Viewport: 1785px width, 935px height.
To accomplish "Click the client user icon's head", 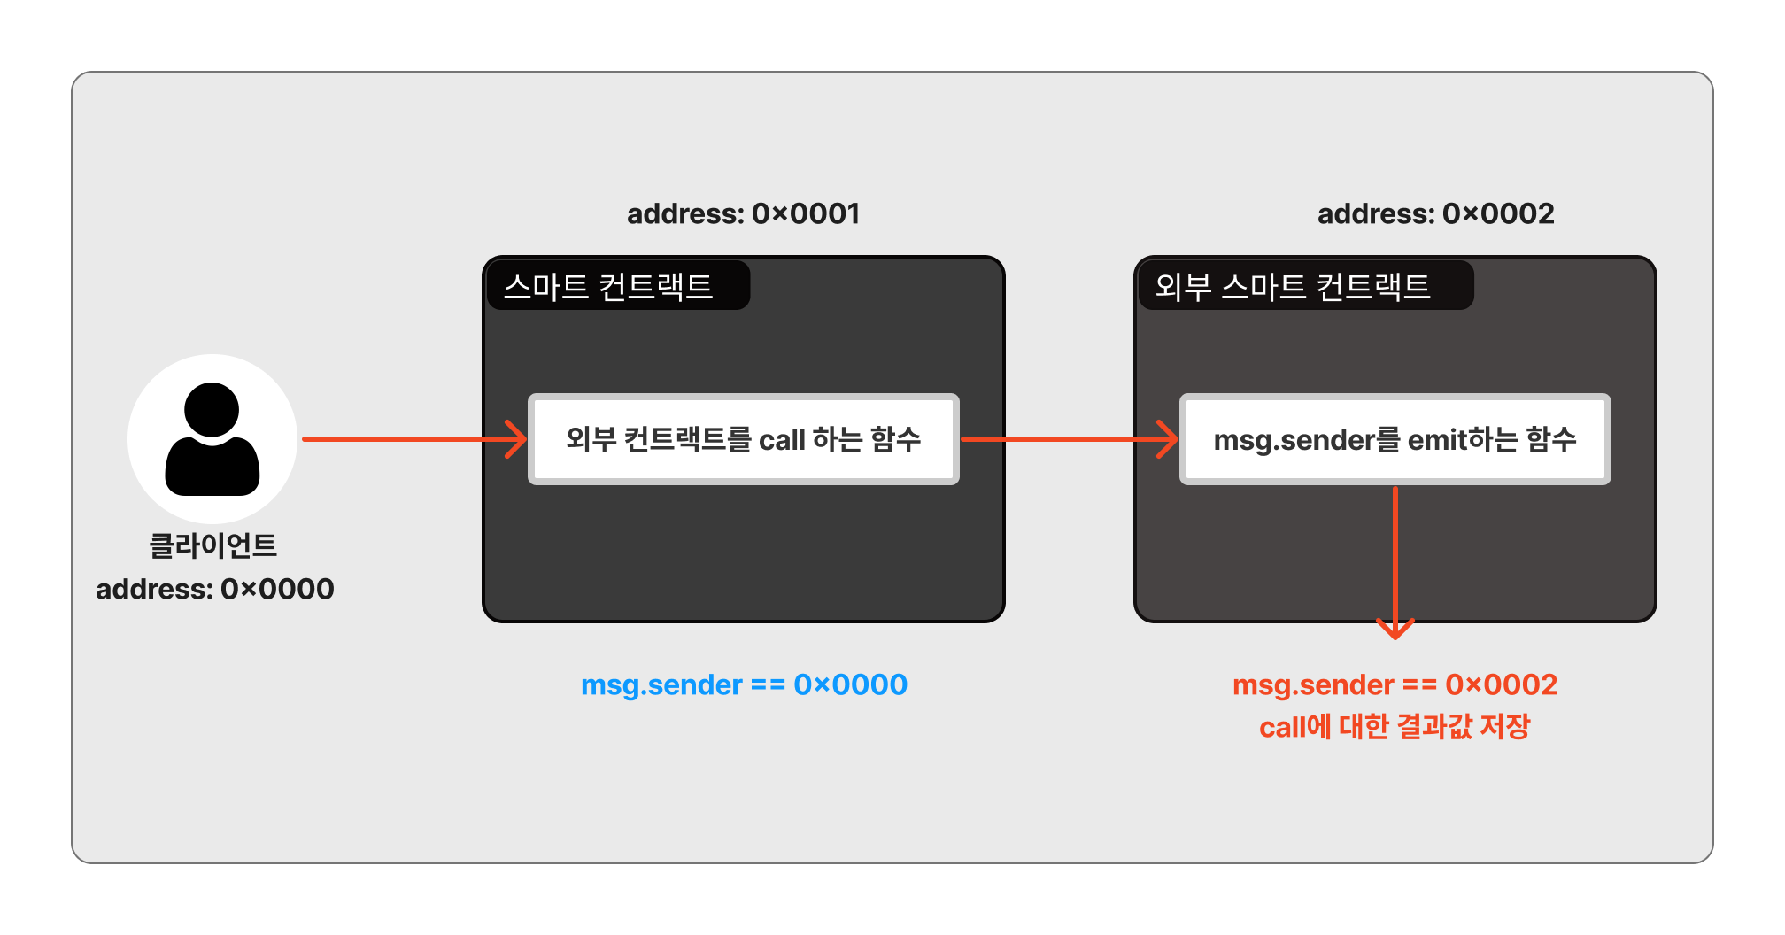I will tap(212, 409).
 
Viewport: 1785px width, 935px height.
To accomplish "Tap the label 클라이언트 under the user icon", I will tap(212, 545).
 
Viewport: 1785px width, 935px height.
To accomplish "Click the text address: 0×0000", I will tap(215, 589).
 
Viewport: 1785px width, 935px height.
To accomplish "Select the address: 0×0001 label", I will tap(743, 213).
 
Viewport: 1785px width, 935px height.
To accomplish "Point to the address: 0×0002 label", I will tap(1435, 213).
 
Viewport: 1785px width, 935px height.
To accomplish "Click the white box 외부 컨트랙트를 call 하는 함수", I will tap(743, 439).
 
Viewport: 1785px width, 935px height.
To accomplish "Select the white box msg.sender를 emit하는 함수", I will tap(1395, 439).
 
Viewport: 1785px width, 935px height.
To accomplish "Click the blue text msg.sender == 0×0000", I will tap(744, 684).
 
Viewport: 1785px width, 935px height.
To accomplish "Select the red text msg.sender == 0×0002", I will tap(1395, 684).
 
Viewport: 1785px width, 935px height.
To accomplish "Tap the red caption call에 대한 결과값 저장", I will tap(1395, 727).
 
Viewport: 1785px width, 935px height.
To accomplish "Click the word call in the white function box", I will tap(782, 440).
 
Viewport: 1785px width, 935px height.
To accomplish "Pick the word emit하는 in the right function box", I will tap(1462, 439).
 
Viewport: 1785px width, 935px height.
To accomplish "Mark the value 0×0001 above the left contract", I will tap(806, 213).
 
